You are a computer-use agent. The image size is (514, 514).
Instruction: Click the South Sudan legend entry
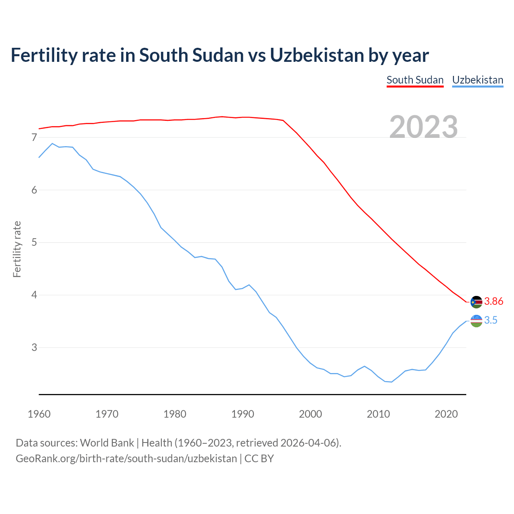pos(415,80)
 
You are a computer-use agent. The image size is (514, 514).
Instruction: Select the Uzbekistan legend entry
pos(477,80)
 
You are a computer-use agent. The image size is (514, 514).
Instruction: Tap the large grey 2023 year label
pos(424,127)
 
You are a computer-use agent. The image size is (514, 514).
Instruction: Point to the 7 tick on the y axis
pos(34,138)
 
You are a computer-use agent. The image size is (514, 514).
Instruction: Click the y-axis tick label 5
pos(34,243)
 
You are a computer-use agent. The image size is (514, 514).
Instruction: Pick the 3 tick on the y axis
pos(34,347)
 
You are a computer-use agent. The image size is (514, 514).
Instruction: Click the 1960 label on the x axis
pos(39,414)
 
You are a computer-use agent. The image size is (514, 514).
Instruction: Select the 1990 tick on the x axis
pos(243,414)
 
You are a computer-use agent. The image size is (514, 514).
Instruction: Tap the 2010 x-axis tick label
pos(378,414)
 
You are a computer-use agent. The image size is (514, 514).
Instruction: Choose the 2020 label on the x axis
pos(446,414)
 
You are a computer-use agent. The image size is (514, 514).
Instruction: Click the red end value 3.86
pos(494,302)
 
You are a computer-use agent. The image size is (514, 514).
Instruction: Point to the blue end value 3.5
pos(491,320)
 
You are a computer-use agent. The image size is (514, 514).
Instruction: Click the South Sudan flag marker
pos(476,302)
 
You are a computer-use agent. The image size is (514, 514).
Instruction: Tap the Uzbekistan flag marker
pos(476,321)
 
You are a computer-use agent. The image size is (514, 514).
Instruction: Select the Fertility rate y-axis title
pos(17,249)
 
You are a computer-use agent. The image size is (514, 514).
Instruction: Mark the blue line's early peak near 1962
pos(52,143)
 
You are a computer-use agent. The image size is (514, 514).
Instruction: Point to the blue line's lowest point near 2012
pos(392,382)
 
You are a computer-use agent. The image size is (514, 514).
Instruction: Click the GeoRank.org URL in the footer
pos(126,459)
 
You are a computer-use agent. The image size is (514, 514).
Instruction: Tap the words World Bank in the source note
pos(107,443)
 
